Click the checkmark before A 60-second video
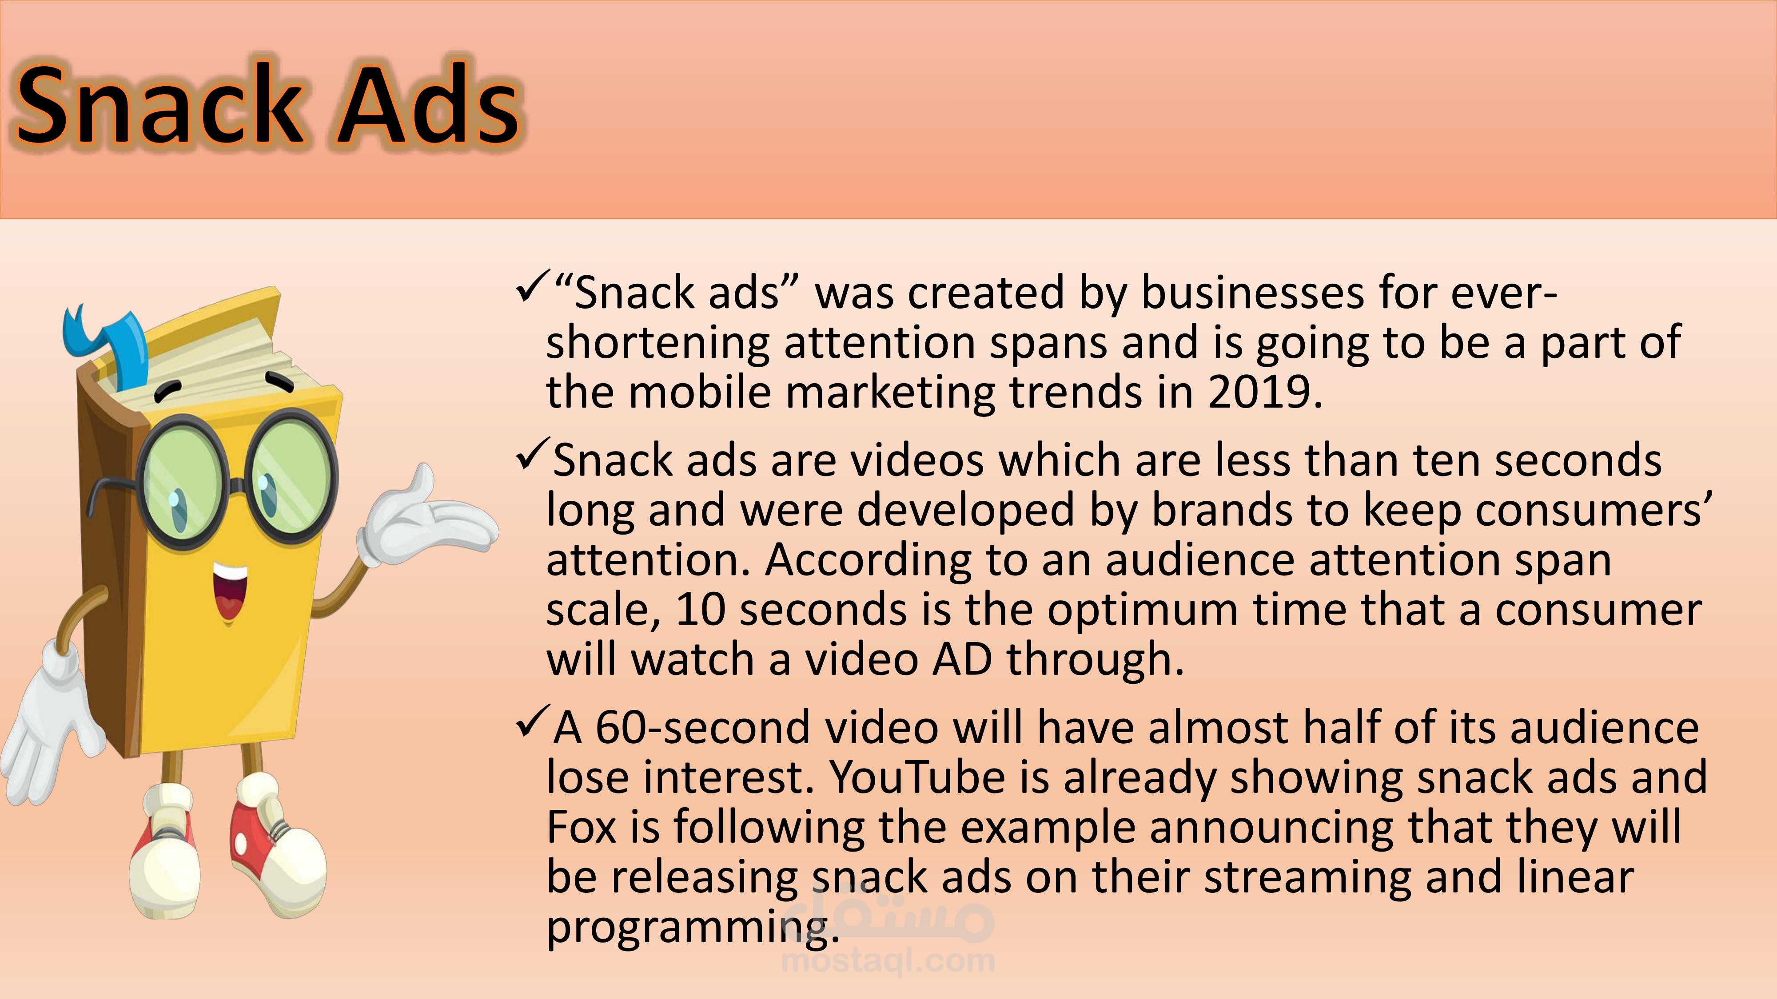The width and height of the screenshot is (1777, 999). pyautogui.click(x=532, y=722)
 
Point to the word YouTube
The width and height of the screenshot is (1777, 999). pyautogui.click(x=938, y=777)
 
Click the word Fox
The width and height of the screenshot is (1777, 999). pyautogui.click(x=581, y=827)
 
